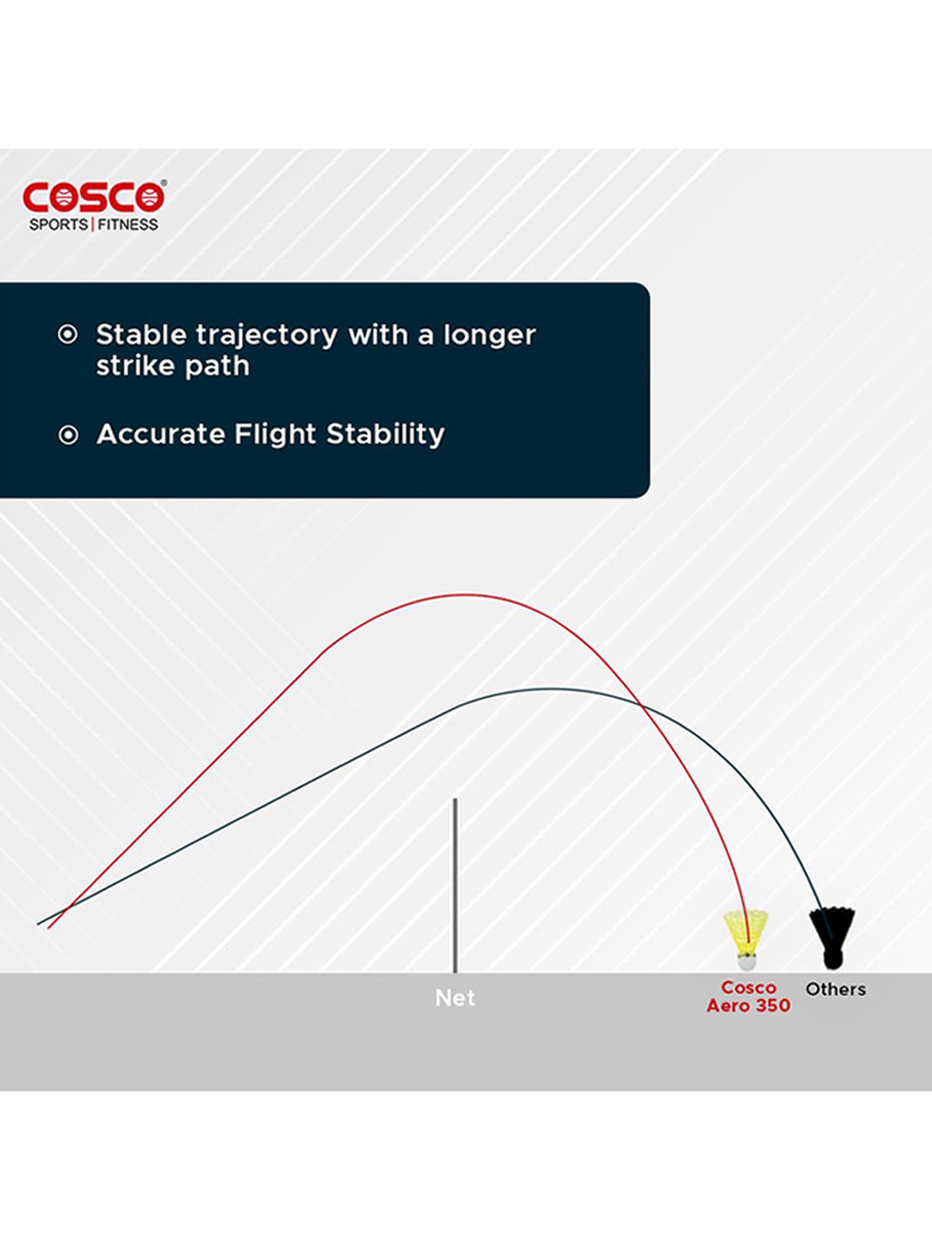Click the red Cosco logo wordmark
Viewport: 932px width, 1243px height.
click(x=94, y=197)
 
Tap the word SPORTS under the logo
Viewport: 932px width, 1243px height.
click(x=58, y=224)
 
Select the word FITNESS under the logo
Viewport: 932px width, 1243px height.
click(x=127, y=224)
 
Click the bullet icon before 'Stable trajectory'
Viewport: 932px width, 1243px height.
click(x=68, y=335)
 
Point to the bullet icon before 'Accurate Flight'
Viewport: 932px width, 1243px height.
click(x=68, y=435)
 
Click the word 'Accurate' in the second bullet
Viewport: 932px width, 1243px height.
click(x=160, y=434)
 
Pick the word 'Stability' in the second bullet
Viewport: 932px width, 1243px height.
click(x=385, y=434)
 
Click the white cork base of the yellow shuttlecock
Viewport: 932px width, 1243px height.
click(x=747, y=962)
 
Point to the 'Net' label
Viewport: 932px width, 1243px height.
click(x=455, y=998)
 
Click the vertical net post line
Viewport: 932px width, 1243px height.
click(x=455, y=886)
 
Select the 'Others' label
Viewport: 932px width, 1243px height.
click(x=836, y=989)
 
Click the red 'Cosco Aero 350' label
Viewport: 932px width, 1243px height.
click(x=749, y=997)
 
